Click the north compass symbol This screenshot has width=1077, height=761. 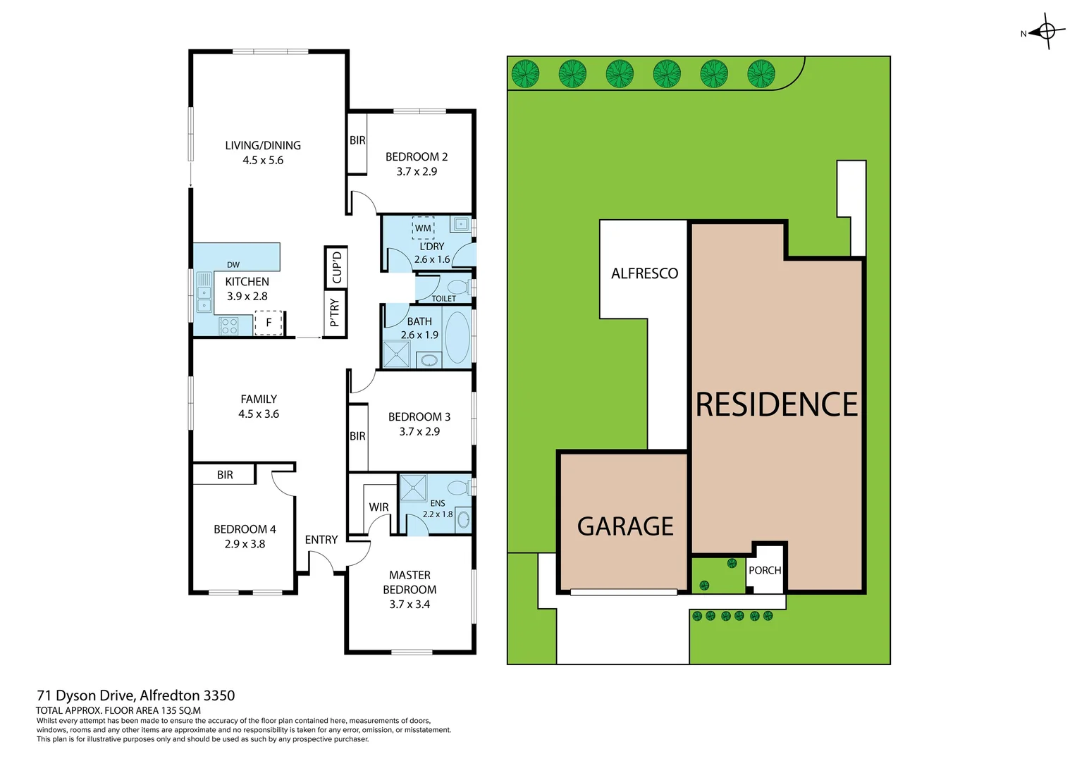click(x=1047, y=32)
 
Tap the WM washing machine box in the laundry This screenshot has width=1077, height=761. click(x=423, y=228)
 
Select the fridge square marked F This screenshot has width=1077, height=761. click(x=268, y=323)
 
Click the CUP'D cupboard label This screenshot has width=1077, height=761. click(x=336, y=267)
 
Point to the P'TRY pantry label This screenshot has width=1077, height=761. click(x=335, y=313)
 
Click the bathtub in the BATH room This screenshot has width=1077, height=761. click(x=457, y=337)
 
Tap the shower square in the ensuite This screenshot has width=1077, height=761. click(x=413, y=488)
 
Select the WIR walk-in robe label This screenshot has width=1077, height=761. click(x=379, y=507)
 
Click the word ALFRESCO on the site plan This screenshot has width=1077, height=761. click(x=644, y=273)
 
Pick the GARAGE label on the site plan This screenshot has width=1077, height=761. click(x=625, y=526)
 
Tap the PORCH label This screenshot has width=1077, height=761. click(x=765, y=570)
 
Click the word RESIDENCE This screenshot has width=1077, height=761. click(x=777, y=404)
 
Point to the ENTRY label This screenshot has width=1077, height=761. click(x=321, y=540)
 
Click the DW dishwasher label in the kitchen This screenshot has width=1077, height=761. click(x=233, y=265)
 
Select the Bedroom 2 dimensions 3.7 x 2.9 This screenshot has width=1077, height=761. click(x=417, y=171)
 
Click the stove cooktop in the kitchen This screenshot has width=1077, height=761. click(x=229, y=326)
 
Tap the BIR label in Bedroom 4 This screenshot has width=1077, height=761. click(x=225, y=475)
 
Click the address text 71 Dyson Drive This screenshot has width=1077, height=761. click(x=135, y=695)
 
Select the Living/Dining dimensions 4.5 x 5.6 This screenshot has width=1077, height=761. click(x=263, y=161)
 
